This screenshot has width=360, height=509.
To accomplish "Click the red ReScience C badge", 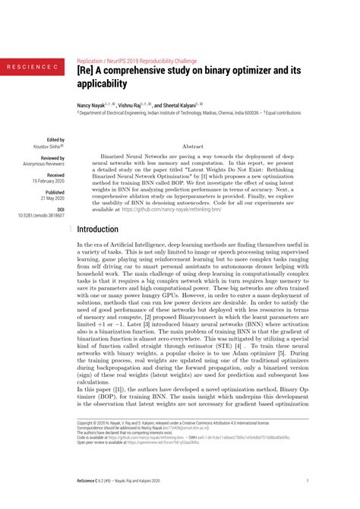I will point(32,68).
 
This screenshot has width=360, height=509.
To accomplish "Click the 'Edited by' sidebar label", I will point(55,140).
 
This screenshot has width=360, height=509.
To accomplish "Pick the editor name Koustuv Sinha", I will point(51,147).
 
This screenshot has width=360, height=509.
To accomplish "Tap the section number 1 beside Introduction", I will point(71,229).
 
